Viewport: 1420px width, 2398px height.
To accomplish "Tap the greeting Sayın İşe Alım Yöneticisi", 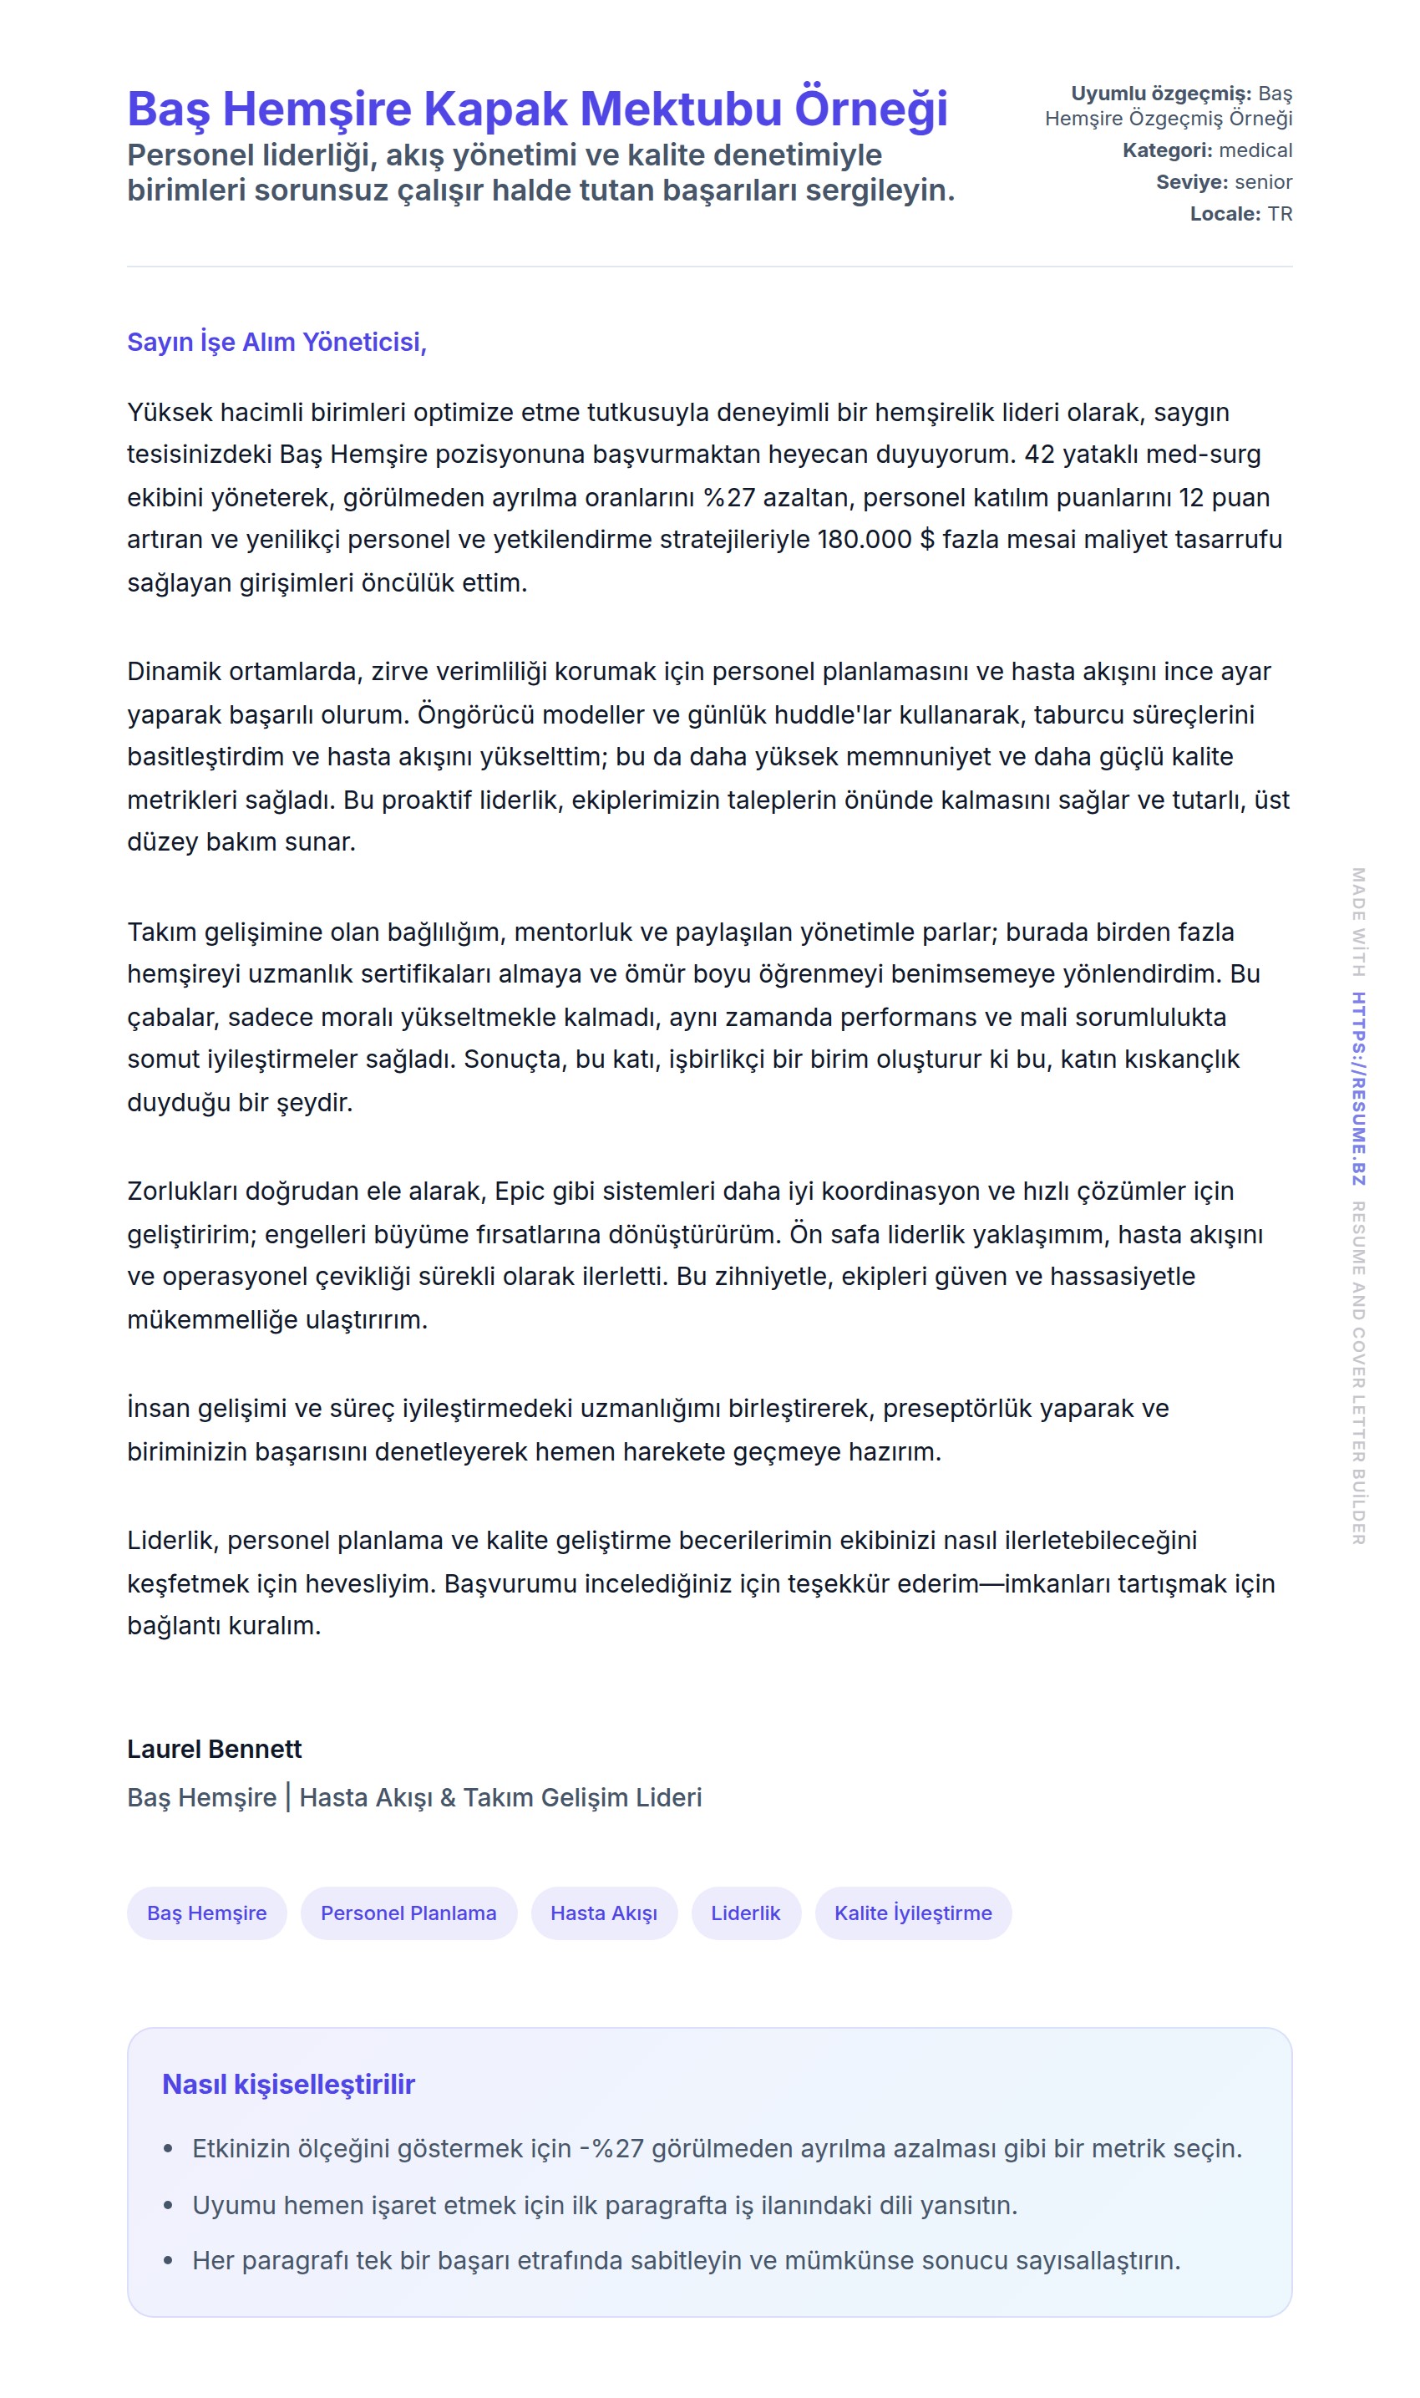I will click(x=276, y=342).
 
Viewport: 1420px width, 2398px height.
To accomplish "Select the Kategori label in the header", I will click(x=1166, y=150).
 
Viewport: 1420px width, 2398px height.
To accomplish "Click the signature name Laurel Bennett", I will click(x=215, y=1750).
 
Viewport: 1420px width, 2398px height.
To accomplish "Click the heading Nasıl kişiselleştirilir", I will click(x=288, y=2084).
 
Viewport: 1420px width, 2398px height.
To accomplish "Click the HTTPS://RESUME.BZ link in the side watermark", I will click(x=1358, y=1089).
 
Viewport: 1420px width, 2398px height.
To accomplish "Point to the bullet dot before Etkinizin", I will click(x=169, y=2149).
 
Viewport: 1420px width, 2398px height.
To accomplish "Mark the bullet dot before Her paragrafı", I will click(x=169, y=2261).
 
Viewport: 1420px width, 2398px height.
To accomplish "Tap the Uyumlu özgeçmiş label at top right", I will click(x=1159, y=94).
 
